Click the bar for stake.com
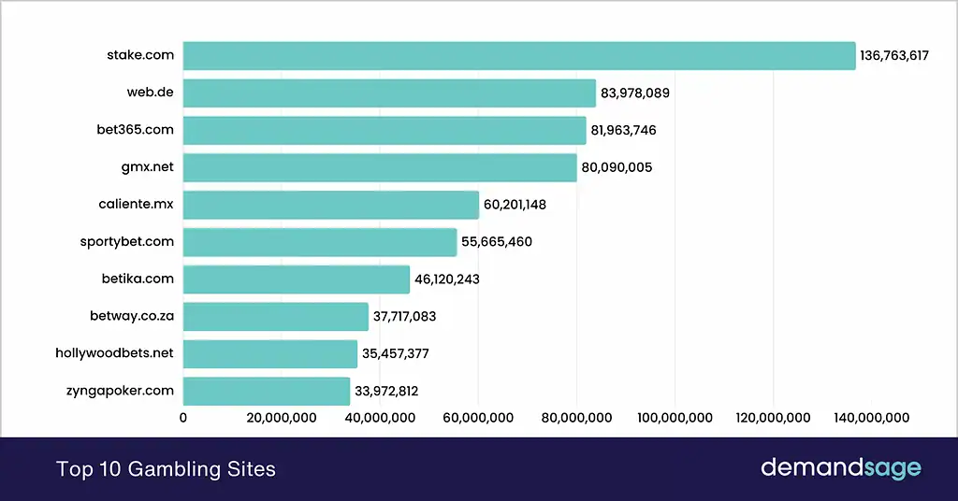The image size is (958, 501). (x=519, y=55)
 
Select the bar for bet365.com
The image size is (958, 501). (x=385, y=130)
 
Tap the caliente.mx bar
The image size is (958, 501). (x=330, y=205)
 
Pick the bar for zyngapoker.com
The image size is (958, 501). (x=266, y=391)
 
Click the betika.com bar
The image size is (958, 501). (x=296, y=279)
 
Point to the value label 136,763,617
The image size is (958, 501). (x=894, y=56)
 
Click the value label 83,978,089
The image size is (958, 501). (x=635, y=93)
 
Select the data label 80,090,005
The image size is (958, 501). (x=616, y=168)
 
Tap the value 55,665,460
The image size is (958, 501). (x=497, y=242)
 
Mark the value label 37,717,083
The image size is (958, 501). (x=404, y=317)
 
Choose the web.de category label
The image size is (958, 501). (x=151, y=93)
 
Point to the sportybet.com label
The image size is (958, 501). (x=127, y=241)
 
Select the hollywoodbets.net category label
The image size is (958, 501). (x=115, y=353)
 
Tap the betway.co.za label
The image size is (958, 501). (x=125, y=316)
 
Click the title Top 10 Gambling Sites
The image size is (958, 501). (x=167, y=469)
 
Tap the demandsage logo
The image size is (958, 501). (x=840, y=468)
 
